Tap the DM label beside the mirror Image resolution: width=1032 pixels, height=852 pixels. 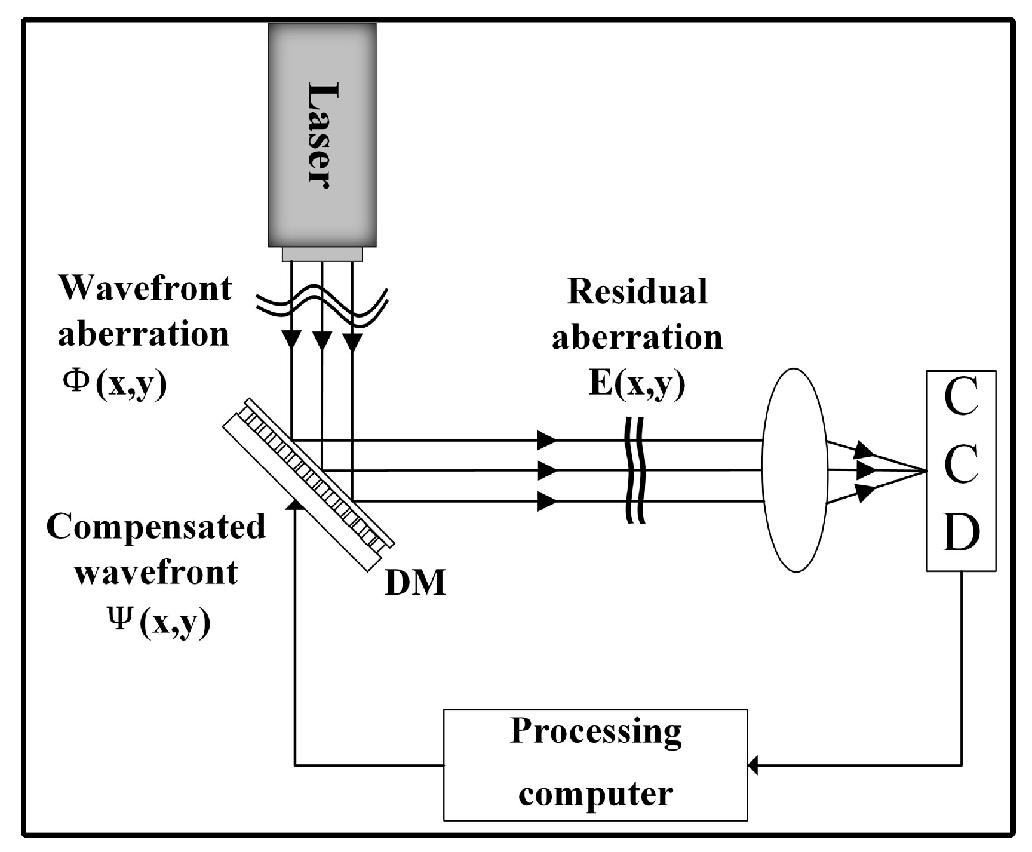coord(415,583)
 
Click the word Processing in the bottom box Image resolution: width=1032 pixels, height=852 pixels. coord(595,731)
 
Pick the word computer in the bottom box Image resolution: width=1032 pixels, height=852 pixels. coord(595,794)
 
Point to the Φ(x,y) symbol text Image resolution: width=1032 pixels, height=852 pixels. coord(115,383)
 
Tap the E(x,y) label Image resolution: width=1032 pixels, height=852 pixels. coord(637,383)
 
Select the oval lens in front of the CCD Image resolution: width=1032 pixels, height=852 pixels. coord(795,470)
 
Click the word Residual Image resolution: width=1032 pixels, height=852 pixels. coord(637,292)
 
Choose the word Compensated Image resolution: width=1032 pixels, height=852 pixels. coord(156,527)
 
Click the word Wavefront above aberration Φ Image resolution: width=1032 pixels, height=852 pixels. coord(145,288)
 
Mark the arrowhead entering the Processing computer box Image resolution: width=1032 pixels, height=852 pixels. coord(753,764)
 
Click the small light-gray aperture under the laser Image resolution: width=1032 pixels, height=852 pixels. coord(322,254)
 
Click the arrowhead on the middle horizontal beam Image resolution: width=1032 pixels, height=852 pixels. coord(546,470)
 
